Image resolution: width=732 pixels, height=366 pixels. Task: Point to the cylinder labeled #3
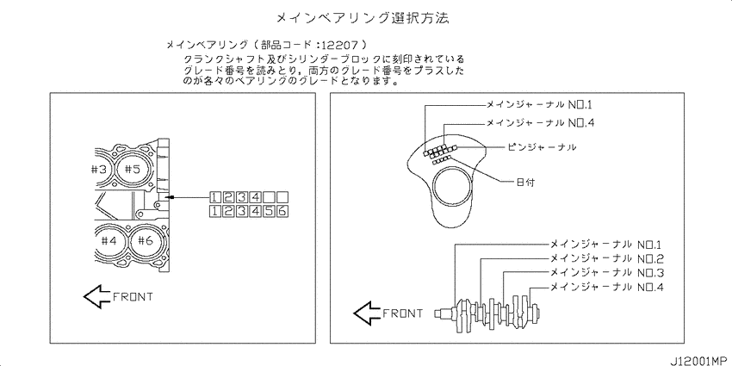click(101, 170)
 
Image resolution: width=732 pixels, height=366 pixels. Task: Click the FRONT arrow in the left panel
click(97, 296)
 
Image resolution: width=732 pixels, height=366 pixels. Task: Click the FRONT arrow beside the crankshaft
click(368, 313)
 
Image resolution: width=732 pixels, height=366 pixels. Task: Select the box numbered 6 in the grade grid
click(282, 211)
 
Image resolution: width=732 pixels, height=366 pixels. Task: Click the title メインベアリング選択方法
click(363, 18)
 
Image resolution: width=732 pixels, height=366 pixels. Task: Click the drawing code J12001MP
click(699, 360)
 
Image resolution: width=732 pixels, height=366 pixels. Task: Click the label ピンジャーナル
click(542, 147)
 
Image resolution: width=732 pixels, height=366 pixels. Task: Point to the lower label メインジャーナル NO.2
click(606, 258)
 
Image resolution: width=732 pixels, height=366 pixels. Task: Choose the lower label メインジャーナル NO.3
click(606, 273)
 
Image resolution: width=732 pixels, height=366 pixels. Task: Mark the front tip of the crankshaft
click(436, 313)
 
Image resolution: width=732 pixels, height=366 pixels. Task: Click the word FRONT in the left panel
click(133, 297)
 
